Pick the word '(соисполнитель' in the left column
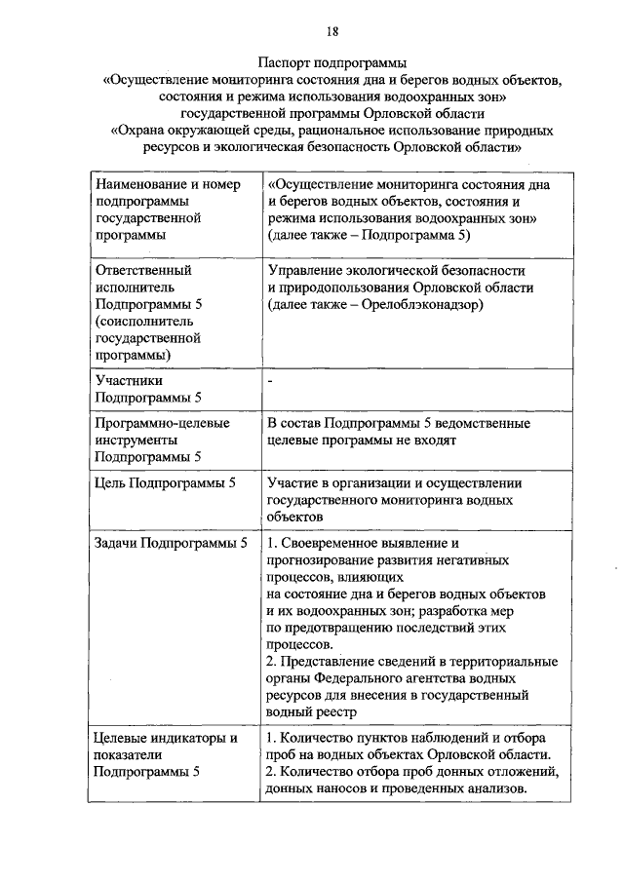[142, 322]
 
